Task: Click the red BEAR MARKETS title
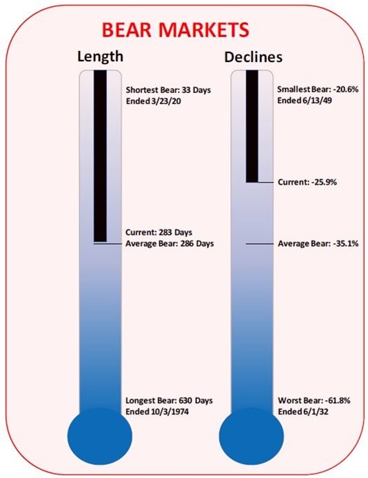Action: coord(175,30)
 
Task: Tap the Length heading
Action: coord(101,56)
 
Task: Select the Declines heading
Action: coord(253,57)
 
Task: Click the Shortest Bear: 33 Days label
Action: coord(168,90)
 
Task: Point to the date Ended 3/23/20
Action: coord(154,101)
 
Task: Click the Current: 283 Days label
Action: coord(159,232)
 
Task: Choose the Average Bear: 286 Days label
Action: coord(170,244)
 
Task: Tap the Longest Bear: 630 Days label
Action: coord(170,400)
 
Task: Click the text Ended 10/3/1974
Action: coord(157,412)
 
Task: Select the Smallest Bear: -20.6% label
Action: coord(318,89)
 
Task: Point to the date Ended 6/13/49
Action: coord(305,100)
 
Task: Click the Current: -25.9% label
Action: coord(307,182)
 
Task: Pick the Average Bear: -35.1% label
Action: coord(318,244)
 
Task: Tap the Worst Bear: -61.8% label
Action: coord(314,400)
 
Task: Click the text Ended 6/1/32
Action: coord(303,412)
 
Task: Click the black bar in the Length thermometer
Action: coord(101,156)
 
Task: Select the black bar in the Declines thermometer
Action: coord(252,126)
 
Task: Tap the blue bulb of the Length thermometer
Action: coord(100,437)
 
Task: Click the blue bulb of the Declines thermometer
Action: coord(252,437)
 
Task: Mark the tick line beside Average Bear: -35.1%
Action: coord(260,244)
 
